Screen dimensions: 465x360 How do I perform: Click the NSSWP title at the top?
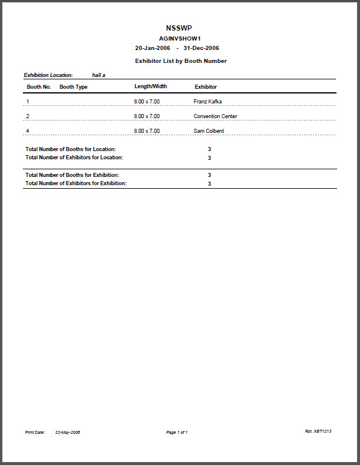[179, 28]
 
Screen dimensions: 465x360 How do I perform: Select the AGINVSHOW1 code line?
[180, 38]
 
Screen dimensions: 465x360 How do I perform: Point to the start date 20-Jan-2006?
[153, 48]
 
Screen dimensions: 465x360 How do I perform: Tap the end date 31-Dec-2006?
[201, 48]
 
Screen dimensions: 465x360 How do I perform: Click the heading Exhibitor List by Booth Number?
[180, 61]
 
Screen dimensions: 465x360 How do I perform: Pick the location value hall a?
[99, 75]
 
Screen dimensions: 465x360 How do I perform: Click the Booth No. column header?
[39, 87]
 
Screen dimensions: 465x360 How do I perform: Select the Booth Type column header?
[73, 87]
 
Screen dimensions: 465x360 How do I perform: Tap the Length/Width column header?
[150, 86]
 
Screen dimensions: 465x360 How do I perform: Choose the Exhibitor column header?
[206, 87]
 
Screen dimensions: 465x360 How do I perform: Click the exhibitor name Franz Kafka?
[207, 102]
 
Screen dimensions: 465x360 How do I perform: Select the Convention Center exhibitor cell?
[215, 116]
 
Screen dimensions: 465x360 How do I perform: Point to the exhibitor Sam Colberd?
[208, 131]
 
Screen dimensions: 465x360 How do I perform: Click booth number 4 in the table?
[28, 131]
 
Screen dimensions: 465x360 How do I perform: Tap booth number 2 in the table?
[28, 116]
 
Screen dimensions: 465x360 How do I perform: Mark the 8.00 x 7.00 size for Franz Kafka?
[147, 102]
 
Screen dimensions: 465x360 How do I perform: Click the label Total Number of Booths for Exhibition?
[72, 175]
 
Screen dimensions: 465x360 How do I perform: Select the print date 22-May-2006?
[68, 433]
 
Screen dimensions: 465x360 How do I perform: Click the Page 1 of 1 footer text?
[177, 433]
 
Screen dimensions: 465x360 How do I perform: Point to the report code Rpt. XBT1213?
[318, 431]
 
